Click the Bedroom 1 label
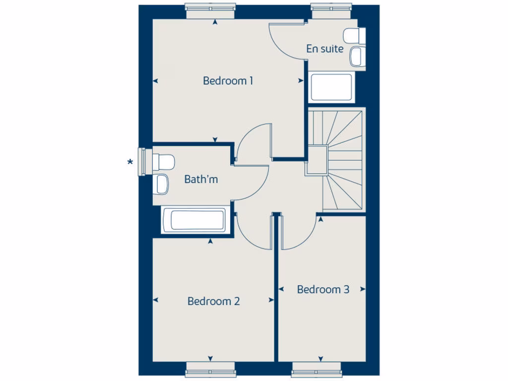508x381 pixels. click(228, 80)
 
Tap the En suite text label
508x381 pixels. click(325, 49)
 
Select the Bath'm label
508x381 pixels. click(201, 179)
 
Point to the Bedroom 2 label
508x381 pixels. click(214, 301)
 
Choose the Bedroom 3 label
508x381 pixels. click(323, 289)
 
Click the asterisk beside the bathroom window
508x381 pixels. click(130, 162)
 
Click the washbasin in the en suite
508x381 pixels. click(357, 56)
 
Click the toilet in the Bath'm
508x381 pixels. click(163, 161)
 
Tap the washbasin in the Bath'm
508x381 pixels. click(162, 184)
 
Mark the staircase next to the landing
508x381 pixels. click(342, 159)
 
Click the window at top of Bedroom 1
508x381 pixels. click(210, 8)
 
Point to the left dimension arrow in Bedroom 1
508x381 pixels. click(155, 81)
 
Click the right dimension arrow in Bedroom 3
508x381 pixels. click(363, 289)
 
